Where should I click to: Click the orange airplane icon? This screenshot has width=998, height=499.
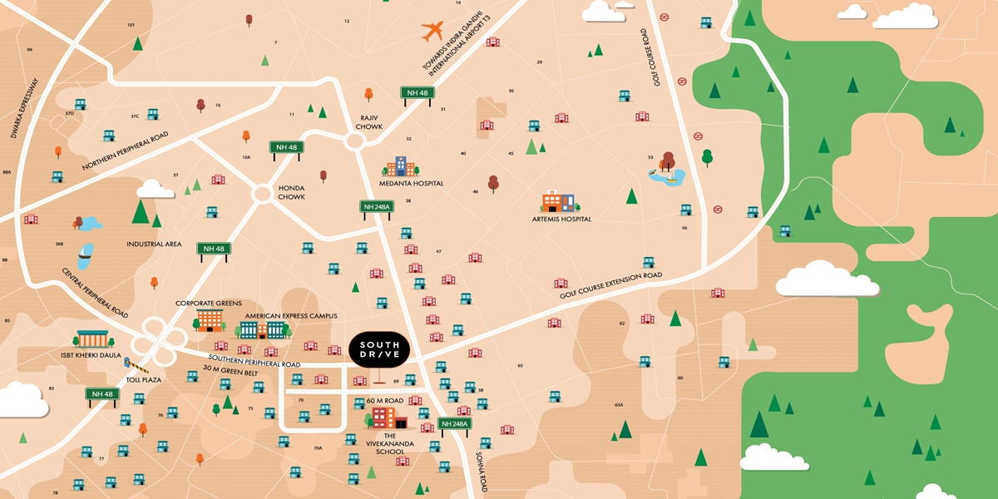[x=433, y=32]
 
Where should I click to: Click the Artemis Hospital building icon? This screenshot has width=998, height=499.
[x=557, y=202]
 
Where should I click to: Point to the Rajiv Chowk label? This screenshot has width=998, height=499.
[x=369, y=121]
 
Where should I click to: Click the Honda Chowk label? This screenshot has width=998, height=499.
[x=291, y=192]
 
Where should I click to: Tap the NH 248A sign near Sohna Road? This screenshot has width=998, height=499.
[x=455, y=423]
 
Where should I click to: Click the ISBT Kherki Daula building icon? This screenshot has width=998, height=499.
[x=91, y=339]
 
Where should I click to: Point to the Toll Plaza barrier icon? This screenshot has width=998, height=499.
[x=133, y=363]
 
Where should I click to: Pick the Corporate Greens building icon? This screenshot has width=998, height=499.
[x=210, y=319]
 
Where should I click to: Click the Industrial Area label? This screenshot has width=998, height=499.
[x=154, y=245]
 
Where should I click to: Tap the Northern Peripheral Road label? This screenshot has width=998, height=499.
[x=126, y=152]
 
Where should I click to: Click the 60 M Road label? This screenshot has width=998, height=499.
[x=385, y=401]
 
